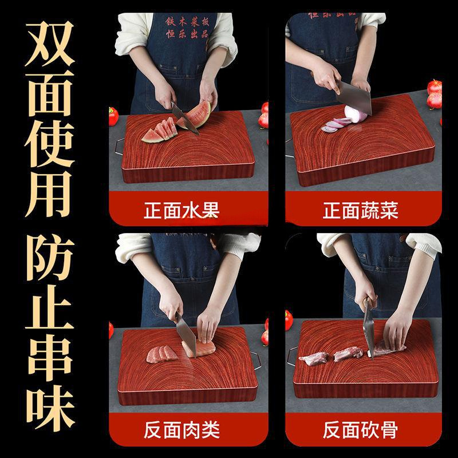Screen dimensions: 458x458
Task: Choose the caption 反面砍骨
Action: [360, 428]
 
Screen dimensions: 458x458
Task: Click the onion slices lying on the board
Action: [335, 124]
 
